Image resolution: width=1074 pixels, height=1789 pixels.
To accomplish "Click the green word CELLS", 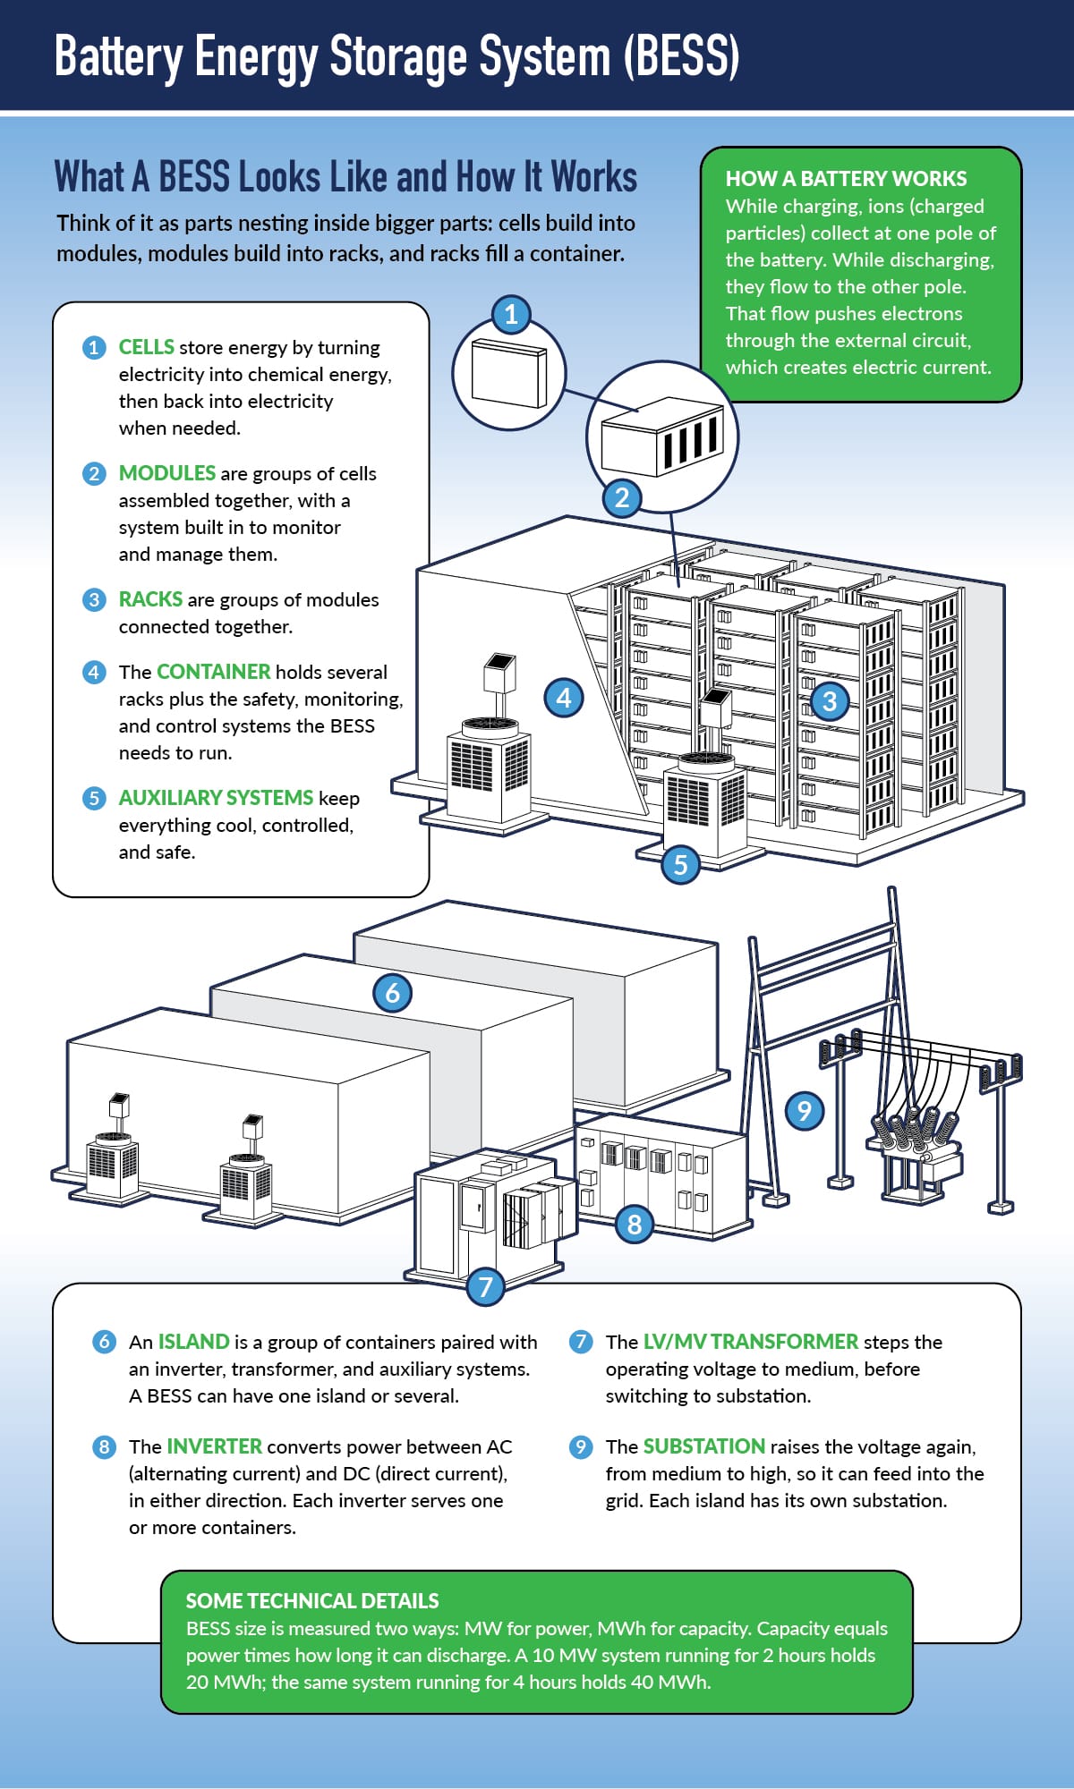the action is [147, 347].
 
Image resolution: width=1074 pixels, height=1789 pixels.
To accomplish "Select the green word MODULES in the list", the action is [167, 473].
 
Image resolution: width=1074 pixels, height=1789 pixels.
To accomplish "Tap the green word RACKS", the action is [150, 599].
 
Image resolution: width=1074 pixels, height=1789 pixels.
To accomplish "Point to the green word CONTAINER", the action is [213, 672].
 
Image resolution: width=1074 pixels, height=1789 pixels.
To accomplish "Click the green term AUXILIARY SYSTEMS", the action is [216, 798].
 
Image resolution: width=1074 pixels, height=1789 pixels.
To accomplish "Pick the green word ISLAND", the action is [194, 1342].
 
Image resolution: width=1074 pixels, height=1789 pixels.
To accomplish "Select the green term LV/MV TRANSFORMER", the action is [751, 1342].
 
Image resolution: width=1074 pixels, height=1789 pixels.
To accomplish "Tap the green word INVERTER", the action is [215, 1446].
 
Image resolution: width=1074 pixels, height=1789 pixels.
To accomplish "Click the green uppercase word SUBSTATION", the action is [704, 1446].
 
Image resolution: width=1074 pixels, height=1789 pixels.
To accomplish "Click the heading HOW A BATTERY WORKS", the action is [846, 179].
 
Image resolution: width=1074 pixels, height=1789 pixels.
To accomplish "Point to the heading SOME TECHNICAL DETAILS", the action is [312, 1601].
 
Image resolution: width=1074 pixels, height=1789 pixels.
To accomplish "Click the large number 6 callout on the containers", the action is [392, 993].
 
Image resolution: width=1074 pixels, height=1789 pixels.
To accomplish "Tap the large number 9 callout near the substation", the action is [805, 1111].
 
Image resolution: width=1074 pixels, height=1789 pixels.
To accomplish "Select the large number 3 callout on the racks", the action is [830, 701].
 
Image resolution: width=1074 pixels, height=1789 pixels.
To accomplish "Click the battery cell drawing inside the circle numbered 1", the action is [508, 374].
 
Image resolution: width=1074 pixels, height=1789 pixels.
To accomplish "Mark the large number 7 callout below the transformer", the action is [486, 1286].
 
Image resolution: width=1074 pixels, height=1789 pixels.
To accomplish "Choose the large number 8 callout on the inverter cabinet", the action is [635, 1224].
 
